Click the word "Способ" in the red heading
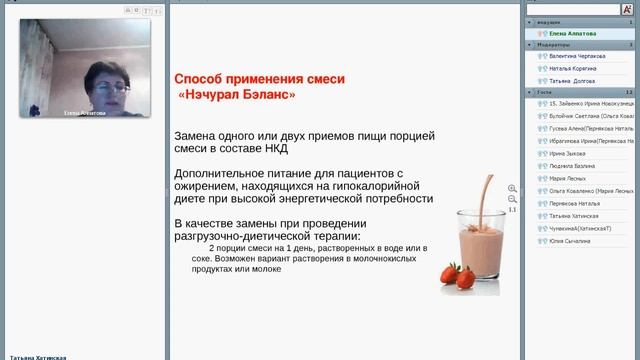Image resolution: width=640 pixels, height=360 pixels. click(197, 78)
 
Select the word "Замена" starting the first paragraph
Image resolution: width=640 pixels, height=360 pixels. click(198, 134)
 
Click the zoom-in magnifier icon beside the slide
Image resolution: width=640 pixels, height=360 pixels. click(513, 188)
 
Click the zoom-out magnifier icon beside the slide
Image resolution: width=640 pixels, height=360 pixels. click(513, 199)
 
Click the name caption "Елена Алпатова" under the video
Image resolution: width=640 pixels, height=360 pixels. click(84, 113)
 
